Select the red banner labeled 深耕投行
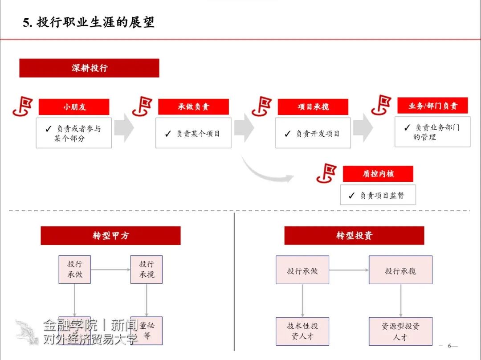[89, 68]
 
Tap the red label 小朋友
[74, 107]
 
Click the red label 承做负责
[193, 107]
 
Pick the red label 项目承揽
[313, 107]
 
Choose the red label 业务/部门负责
[432, 106]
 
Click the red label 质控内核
[378, 174]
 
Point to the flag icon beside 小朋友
[23, 106]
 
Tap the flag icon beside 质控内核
[327, 173]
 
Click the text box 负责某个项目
[193, 133]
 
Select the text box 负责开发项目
[313, 133]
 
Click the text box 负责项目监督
[378, 195]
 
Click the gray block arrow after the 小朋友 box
[124, 128]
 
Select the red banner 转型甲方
[110, 236]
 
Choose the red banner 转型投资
[354, 236]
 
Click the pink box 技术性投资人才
[302, 331]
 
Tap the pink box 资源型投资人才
[400, 331]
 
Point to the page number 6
[450, 346]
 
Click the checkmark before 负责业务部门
[407, 128]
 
